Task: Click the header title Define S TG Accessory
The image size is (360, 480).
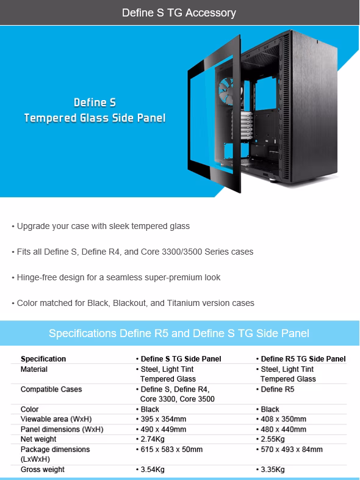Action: point(179,13)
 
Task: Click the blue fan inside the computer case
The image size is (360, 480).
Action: point(226,90)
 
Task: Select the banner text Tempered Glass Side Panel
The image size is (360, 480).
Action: point(95,118)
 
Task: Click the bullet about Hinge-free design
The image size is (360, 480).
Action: point(116,277)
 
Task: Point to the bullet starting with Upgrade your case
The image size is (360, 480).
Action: point(101,226)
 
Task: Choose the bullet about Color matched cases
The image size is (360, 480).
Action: point(133,303)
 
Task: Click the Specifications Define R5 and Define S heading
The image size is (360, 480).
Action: point(179,333)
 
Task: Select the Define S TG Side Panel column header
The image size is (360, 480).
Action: point(179,358)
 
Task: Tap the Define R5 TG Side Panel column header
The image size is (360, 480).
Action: point(301,358)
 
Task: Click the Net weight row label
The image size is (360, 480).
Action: point(38,439)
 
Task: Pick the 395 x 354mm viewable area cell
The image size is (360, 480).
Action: point(161,419)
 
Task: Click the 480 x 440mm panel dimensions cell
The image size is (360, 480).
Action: point(281,429)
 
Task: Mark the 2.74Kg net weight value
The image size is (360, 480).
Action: point(150,439)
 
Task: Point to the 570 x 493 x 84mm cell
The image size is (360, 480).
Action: point(289,449)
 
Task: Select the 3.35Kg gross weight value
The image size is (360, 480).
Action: point(270,469)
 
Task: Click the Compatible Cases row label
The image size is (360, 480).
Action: point(51,389)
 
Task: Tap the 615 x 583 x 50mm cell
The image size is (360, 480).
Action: point(169,449)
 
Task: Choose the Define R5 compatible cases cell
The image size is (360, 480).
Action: point(275,389)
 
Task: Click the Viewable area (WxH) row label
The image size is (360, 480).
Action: point(56,419)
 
